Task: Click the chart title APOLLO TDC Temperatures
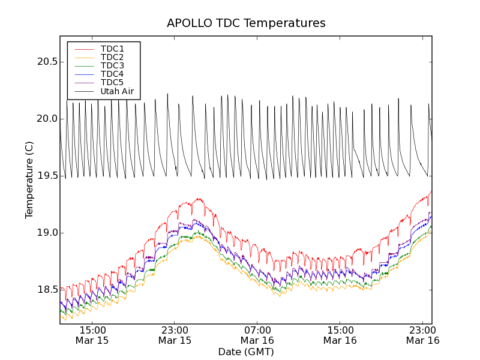(x=246, y=23)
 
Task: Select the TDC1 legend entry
(x=112, y=49)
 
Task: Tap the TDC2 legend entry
(x=112, y=57)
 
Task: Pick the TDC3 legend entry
(x=112, y=65)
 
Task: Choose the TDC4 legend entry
(x=112, y=74)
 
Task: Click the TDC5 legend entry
(x=112, y=83)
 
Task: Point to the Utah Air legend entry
(x=116, y=92)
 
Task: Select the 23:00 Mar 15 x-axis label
(x=175, y=335)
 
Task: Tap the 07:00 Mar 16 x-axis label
(x=257, y=335)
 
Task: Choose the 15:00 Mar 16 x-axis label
(x=340, y=335)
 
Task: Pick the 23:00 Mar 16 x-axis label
(x=422, y=335)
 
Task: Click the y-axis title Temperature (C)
(x=29, y=180)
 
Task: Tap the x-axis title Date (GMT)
(x=246, y=352)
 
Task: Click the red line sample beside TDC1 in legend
(x=83, y=49)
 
